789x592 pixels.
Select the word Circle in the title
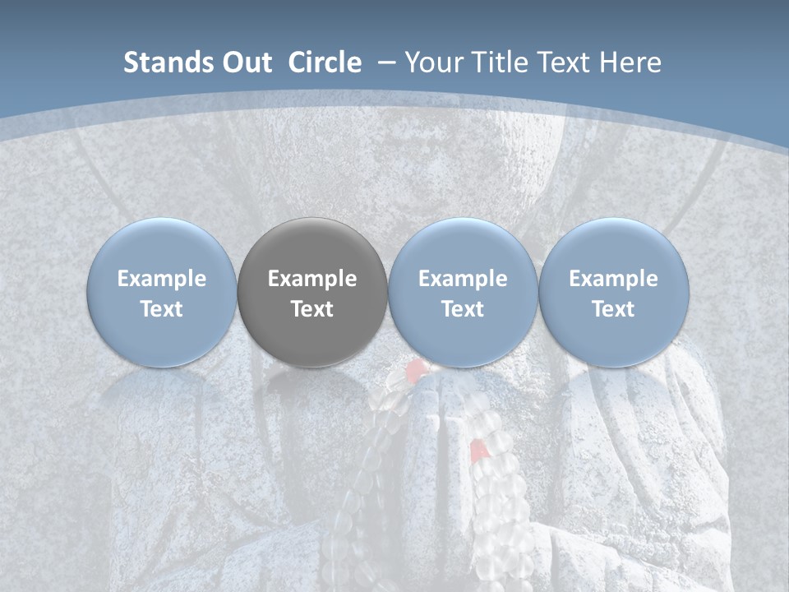pos(325,62)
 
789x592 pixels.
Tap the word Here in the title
pos(633,62)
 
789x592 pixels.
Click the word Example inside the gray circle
pos(312,279)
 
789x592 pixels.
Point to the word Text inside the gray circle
pos(312,309)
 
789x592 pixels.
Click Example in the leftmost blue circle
pos(162,279)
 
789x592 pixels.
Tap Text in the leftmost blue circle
pos(162,309)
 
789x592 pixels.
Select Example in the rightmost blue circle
pos(613,279)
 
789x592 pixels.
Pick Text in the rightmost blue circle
pos(613,309)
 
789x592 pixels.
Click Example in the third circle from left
pos(463,279)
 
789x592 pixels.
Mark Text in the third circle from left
pos(463,309)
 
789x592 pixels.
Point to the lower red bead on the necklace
pos(478,449)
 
